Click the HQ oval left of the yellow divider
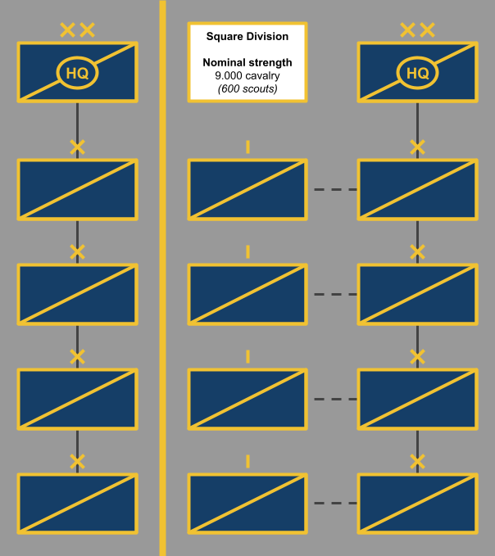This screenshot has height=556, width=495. (77, 74)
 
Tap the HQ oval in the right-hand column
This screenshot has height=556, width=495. (417, 74)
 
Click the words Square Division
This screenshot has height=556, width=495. (247, 36)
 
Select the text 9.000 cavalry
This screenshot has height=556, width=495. (247, 75)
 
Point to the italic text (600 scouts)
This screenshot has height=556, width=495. (247, 88)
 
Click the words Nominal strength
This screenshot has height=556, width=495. (247, 62)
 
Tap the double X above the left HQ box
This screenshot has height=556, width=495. (77, 31)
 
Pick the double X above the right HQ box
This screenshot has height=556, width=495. (417, 31)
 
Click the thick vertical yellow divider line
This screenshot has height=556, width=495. (162, 278)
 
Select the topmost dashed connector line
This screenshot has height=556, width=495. (334, 190)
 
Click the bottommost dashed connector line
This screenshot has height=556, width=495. (334, 503)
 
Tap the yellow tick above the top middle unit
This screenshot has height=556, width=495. (247, 147)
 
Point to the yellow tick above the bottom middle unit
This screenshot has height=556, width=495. (247, 462)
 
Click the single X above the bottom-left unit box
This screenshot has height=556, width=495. (77, 462)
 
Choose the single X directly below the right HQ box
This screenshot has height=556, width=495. (417, 147)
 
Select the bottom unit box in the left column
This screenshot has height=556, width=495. (77, 504)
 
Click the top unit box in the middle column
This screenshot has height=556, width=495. (247, 190)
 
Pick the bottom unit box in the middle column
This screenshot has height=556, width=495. (247, 504)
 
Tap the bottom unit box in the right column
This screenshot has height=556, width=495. (417, 504)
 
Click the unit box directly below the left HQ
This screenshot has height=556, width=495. (77, 190)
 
